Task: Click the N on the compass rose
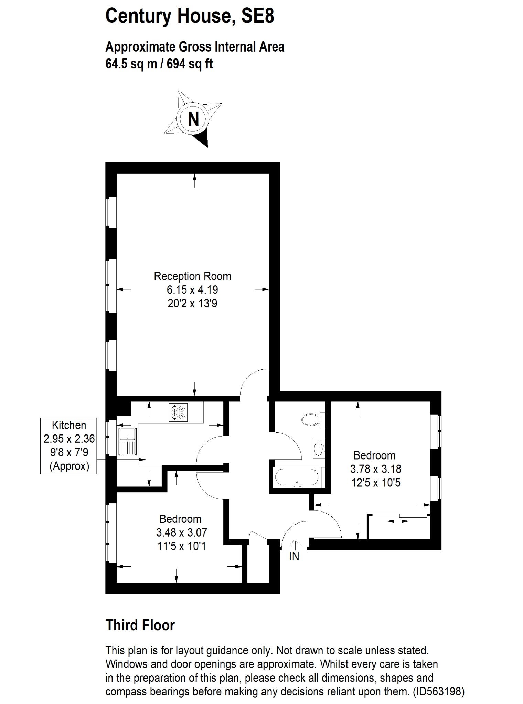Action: pos(193,119)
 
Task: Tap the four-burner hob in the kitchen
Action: pos(178,412)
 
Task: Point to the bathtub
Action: pos(297,477)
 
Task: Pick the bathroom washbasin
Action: pos(319,448)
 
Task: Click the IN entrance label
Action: pos(294,556)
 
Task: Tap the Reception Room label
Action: pos(192,276)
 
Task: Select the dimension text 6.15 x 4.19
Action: pos(192,290)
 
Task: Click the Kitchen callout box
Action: pos(68,446)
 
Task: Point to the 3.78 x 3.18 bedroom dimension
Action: pos(376,469)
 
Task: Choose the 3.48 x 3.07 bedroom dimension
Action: pos(182,532)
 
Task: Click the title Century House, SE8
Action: pos(190,16)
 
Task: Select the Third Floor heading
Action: pos(140,625)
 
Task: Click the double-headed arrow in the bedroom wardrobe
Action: pos(398,521)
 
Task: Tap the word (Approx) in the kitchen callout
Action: pos(69,466)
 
